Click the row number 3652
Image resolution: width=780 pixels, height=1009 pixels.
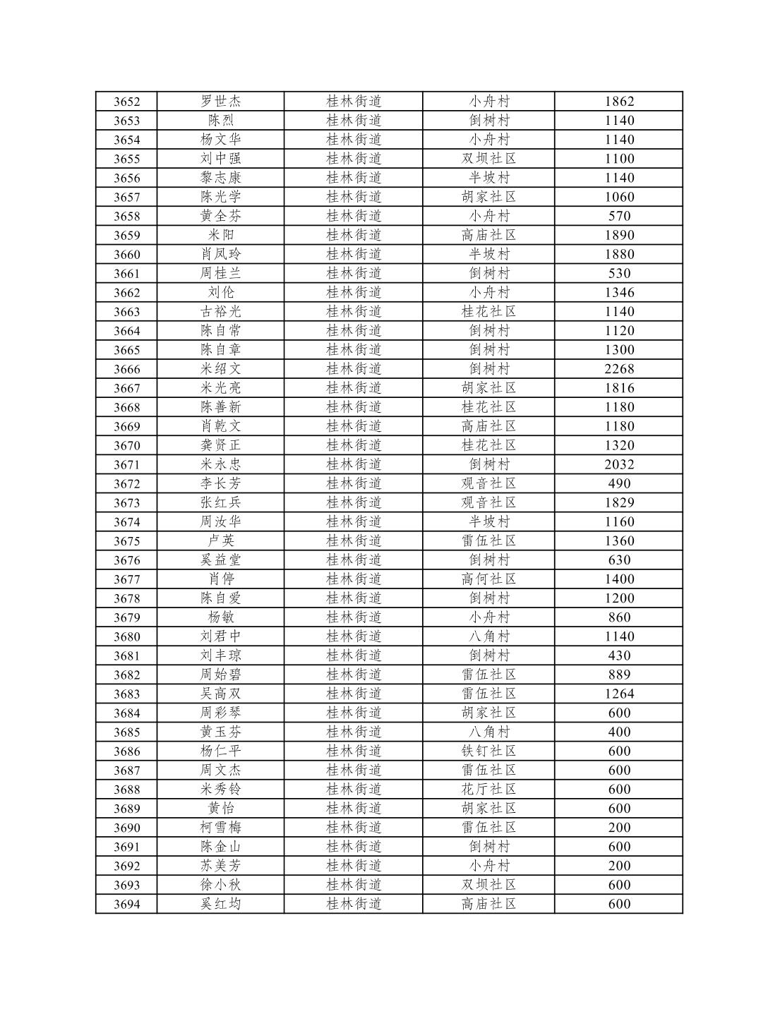126,102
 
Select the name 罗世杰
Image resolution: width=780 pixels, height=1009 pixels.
220,102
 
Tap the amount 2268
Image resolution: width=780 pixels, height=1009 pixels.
619,369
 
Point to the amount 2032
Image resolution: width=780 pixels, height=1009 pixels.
619,464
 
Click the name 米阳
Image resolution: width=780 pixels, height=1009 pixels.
220,235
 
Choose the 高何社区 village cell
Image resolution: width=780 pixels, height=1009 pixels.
488,579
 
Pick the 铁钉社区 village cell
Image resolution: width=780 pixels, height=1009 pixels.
488,751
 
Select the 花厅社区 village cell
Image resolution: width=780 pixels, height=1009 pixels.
488,789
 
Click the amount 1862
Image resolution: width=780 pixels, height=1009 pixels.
619,102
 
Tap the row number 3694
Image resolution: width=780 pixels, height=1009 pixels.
126,904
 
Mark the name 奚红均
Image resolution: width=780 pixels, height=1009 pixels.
220,904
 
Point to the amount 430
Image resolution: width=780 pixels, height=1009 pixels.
619,655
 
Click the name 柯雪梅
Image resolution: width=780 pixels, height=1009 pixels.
220,828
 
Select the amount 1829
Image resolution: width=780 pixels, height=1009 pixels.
619,502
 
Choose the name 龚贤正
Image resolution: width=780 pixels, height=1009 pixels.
220,445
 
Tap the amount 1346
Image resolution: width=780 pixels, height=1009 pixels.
619,292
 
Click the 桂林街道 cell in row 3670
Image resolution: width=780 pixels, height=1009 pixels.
354,445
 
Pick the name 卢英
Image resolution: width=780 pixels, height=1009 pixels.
220,540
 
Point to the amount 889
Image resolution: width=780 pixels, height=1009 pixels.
619,675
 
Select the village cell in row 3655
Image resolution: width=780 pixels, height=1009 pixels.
488,159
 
